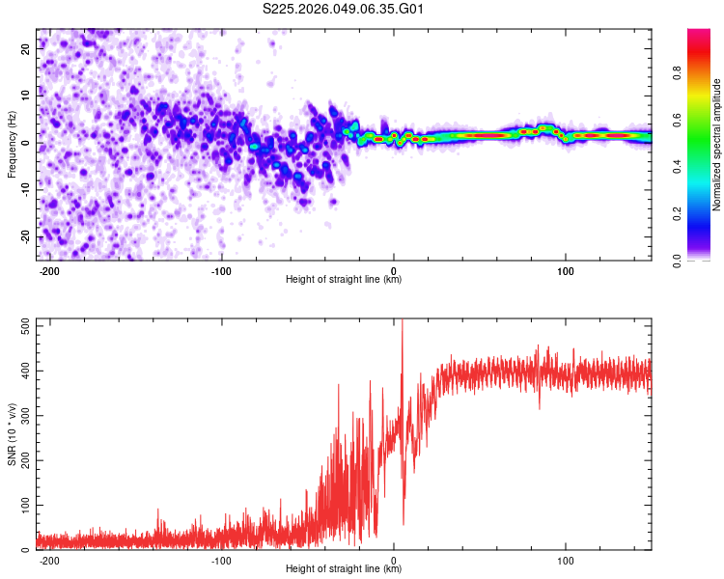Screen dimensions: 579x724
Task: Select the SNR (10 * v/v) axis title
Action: (12, 434)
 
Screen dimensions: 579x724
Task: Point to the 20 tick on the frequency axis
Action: (26, 47)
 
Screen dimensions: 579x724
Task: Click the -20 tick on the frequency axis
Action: (24, 236)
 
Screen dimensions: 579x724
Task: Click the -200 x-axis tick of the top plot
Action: (50, 271)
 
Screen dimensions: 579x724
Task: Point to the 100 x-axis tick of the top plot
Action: (565, 271)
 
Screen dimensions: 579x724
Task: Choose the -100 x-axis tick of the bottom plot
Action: (221, 560)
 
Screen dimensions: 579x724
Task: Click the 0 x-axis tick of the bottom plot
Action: (394, 560)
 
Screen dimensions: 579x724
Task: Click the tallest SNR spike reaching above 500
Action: (403, 324)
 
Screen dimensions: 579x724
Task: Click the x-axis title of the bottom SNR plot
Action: (344, 570)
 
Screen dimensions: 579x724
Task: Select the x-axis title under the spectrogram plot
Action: (344, 281)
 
